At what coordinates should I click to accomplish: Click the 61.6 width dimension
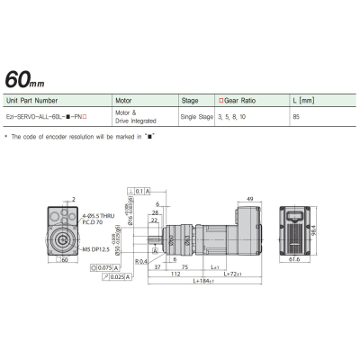click(294, 261)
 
